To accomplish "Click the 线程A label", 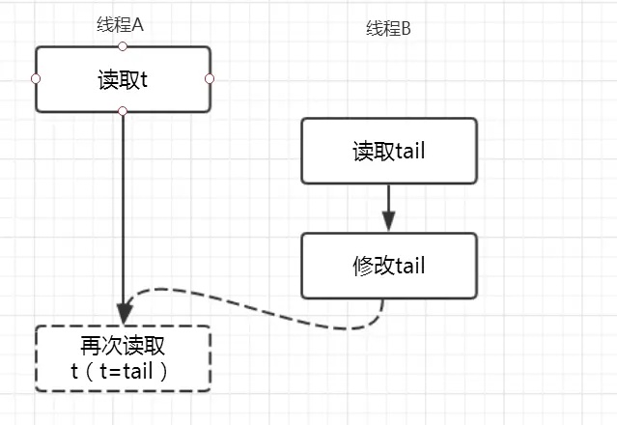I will click(x=122, y=25).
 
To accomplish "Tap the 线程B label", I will click(x=388, y=29).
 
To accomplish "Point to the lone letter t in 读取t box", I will click(x=144, y=79).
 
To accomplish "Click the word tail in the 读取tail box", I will click(x=408, y=151).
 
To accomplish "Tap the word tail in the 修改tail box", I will click(x=408, y=265).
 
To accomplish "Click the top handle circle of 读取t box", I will click(x=123, y=45).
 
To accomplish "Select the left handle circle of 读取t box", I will click(x=36, y=78).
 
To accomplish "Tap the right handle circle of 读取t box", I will click(x=210, y=78).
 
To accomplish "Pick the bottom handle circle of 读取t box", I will click(x=123, y=111).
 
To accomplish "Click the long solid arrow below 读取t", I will click(x=124, y=212).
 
